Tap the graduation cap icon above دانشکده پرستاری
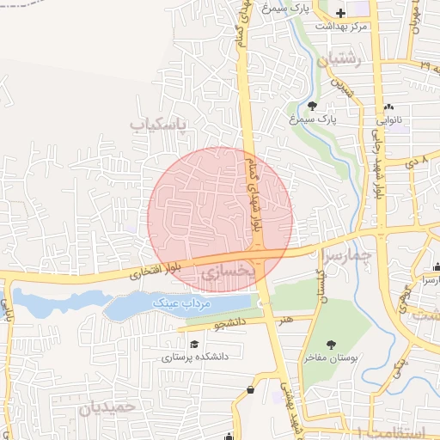click(x=195, y=344)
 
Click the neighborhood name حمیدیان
click(x=107, y=407)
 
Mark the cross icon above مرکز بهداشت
click(x=342, y=13)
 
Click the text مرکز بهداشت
click(x=341, y=27)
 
